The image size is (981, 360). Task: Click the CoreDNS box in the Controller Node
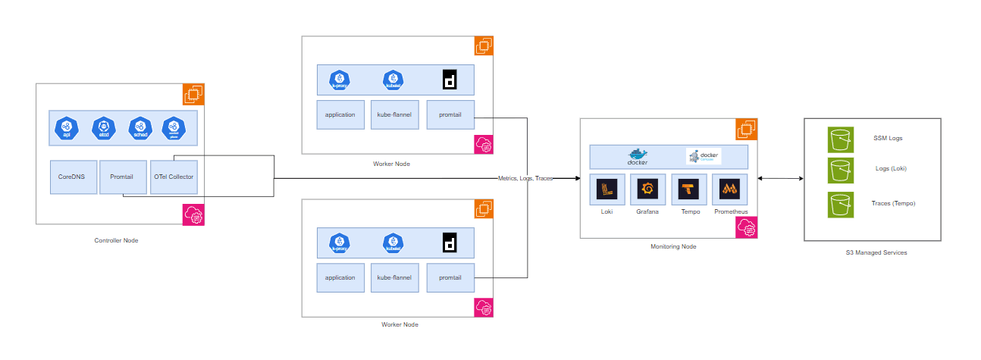73,177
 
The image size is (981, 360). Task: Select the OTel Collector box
174,177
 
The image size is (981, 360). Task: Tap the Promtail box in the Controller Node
122,177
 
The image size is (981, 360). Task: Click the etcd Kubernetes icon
104,130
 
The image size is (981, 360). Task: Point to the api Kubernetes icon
67,130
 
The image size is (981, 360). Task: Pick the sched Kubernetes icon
141,130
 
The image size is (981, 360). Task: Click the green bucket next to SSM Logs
840,139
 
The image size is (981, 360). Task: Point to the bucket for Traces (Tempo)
840,205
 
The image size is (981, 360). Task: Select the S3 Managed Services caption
876,252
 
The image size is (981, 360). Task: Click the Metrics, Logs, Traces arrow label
525,178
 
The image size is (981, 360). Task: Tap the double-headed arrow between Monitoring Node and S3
781,178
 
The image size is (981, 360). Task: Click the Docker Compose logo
703,157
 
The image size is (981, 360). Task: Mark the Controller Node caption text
116,240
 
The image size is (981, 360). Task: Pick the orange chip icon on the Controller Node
194,95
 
